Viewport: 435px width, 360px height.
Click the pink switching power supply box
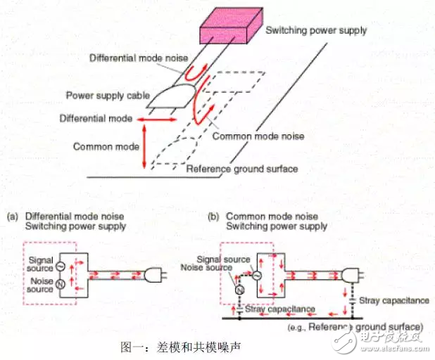click(232, 25)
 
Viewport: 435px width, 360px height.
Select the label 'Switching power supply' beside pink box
click(316, 30)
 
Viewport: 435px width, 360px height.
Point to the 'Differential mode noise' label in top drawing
click(139, 58)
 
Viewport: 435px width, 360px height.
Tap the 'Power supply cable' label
click(108, 96)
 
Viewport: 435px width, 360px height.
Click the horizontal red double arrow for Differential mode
click(157, 120)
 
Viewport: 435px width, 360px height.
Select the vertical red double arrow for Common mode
click(144, 146)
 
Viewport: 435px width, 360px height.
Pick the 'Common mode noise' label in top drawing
click(258, 136)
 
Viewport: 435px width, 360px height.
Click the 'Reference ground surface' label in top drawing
click(242, 169)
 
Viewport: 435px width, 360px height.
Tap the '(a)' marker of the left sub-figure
click(13, 217)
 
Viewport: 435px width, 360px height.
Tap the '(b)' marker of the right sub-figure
click(213, 217)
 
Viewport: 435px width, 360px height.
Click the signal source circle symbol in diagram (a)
click(61, 266)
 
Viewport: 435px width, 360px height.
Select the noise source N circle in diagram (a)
click(61, 284)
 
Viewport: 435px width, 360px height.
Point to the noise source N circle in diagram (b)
click(239, 290)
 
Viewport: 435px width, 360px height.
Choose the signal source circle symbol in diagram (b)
click(257, 275)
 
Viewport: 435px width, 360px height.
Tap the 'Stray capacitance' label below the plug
click(394, 301)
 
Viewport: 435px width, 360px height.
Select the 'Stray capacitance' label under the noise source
click(280, 309)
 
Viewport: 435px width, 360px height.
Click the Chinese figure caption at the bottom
click(181, 347)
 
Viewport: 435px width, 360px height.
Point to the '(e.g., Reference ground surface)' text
click(355, 327)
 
